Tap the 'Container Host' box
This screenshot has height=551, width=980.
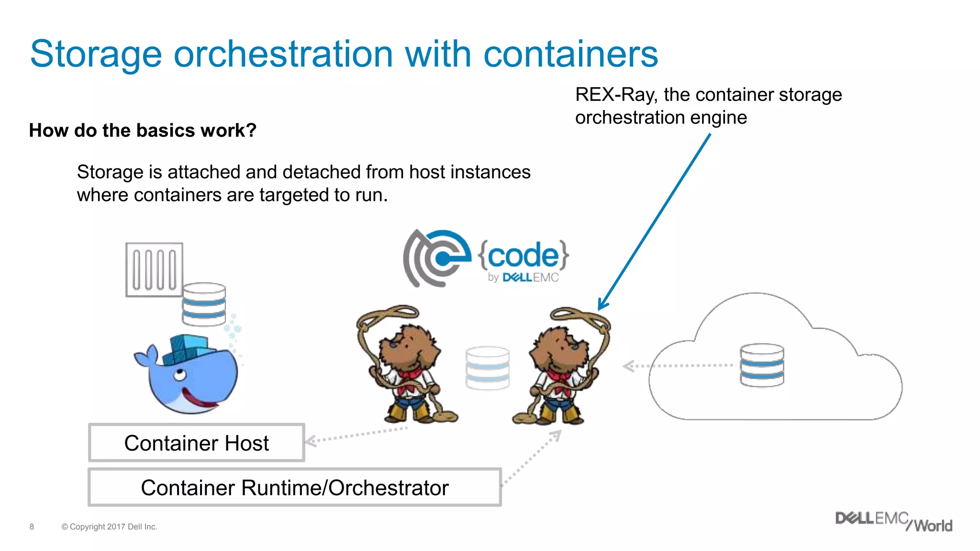click(x=196, y=443)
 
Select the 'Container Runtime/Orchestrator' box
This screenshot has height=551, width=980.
click(x=294, y=488)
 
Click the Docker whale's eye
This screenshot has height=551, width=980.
click(x=180, y=374)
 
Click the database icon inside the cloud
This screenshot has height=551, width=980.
click(x=762, y=365)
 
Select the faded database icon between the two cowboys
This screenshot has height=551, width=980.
click(x=488, y=368)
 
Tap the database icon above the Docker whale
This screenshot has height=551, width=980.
click(x=204, y=304)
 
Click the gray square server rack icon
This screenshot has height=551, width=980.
click(x=154, y=270)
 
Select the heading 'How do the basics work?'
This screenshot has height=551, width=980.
click(x=143, y=130)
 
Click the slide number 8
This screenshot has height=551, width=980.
click(x=32, y=527)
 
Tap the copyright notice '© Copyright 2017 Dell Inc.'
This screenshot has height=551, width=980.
click(x=109, y=527)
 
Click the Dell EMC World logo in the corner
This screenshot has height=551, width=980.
click(x=893, y=522)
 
